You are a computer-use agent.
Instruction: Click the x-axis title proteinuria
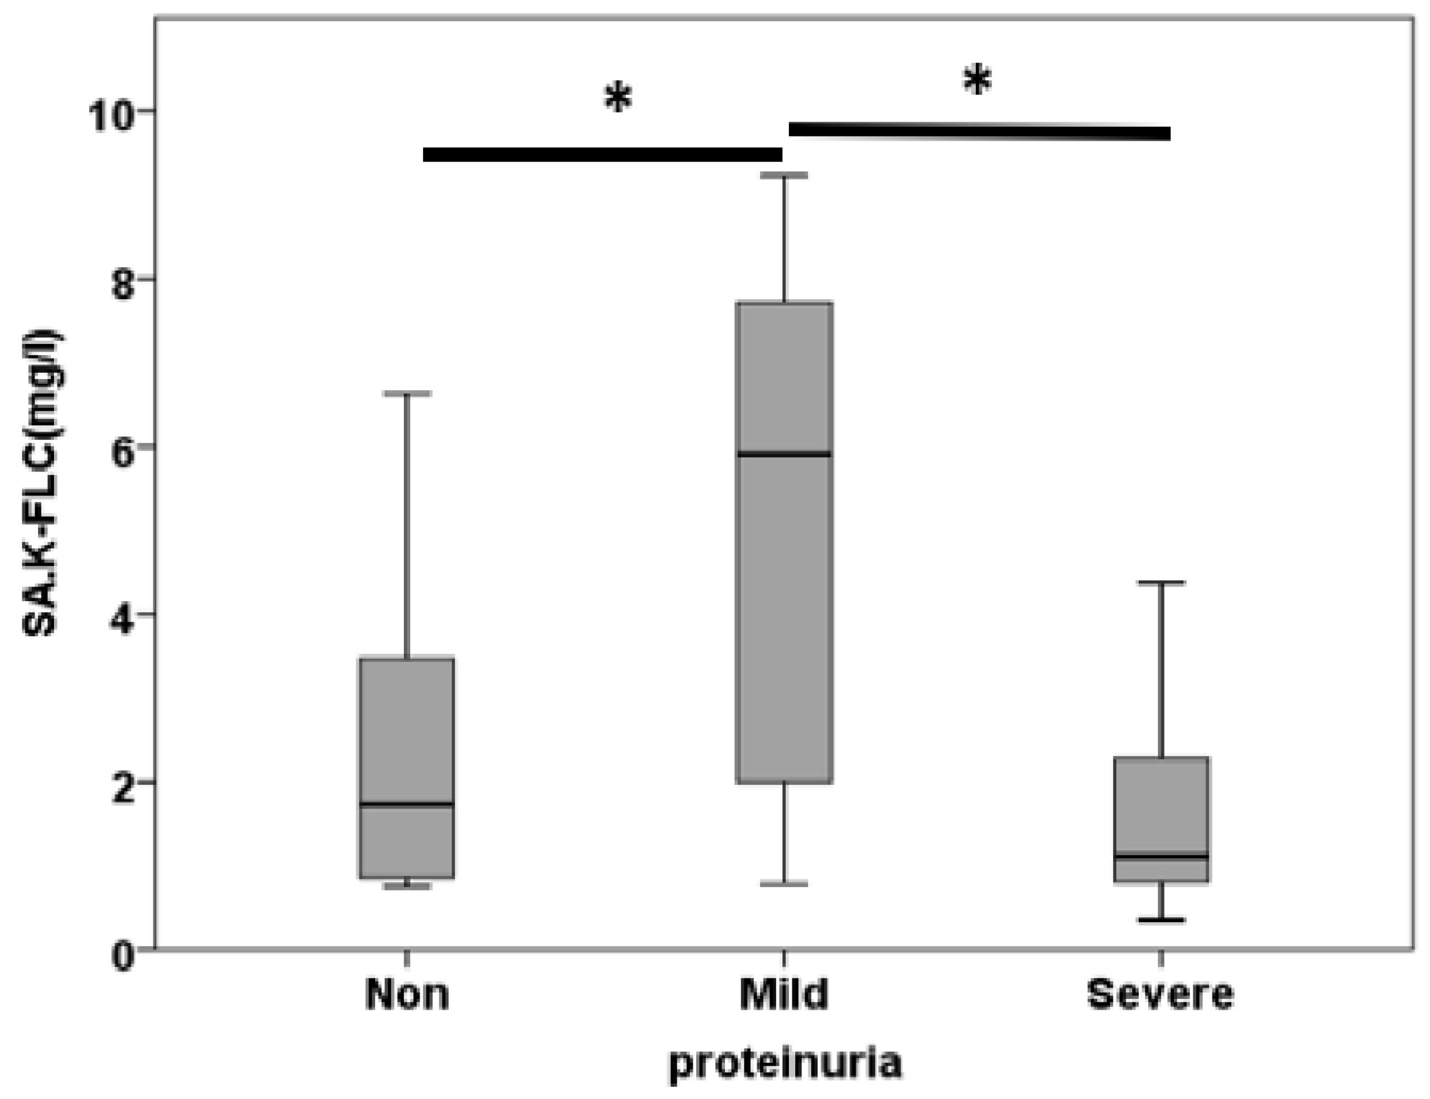(785, 1064)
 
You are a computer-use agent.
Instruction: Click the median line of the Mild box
(784, 454)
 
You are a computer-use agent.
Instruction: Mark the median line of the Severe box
(1161, 856)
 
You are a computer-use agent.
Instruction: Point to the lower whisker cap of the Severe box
(1161, 920)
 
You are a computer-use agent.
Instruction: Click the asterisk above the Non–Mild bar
(617, 100)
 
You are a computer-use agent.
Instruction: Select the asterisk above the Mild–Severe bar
(977, 81)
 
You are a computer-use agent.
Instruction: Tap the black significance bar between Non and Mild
(602, 155)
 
